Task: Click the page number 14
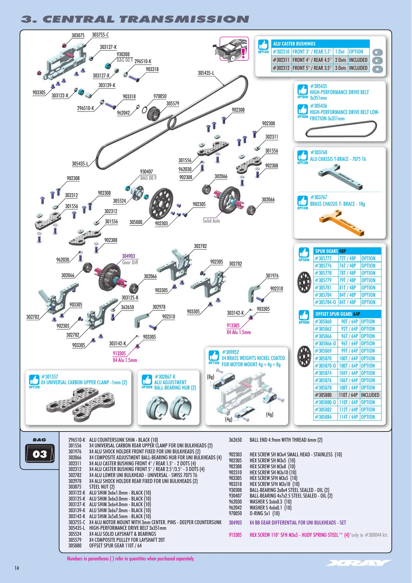pyautogui.click(x=17, y=568)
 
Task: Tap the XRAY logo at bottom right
pyautogui.click(x=359, y=563)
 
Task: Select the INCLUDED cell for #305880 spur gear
pyautogui.click(x=370, y=395)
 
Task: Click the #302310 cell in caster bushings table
pyautogui.click(x=281, y=52)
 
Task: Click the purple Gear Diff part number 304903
pyautogui.click(x=128, y=256)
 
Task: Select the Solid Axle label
pyautogui.click(x=211, y=221)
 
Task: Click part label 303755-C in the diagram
pyautogui.click(x=100, y=35)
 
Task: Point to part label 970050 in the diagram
pyautogui.click(x=160, y=96)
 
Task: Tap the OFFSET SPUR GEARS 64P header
pyautogui.click(x=347, y=314)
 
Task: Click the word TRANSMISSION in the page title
pyautogui.click(x=184, y=19)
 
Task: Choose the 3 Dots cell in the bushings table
pyautogui.click(x=341, y=68)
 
